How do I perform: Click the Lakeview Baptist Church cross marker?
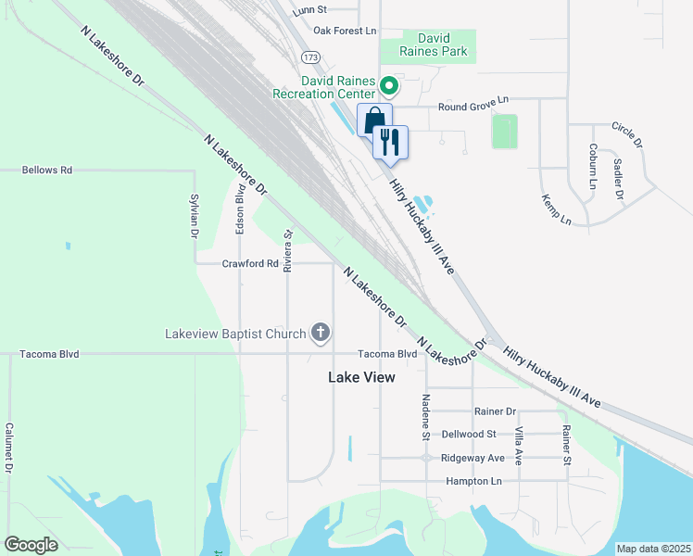tap(321, 333)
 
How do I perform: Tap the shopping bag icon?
tap(373, 120)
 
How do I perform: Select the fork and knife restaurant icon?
tap(390, 142)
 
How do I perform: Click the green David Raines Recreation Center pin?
tap(389, 87)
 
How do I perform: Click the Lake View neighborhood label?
tap(361, 377)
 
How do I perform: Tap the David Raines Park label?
tap(434, 45)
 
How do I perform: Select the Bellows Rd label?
tap(48, 171)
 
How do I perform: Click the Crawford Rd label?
tap(250, 263)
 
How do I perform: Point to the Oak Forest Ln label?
tap(345, 31)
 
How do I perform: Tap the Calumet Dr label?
tap(8, 449)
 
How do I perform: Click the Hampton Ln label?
tap(472, 481)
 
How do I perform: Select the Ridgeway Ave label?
tap(472, 458)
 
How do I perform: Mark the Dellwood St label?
tap(469, 434)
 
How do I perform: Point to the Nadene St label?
tap(426, 416)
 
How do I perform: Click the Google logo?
tap(31, 545)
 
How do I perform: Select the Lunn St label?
tap(309, 10)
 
